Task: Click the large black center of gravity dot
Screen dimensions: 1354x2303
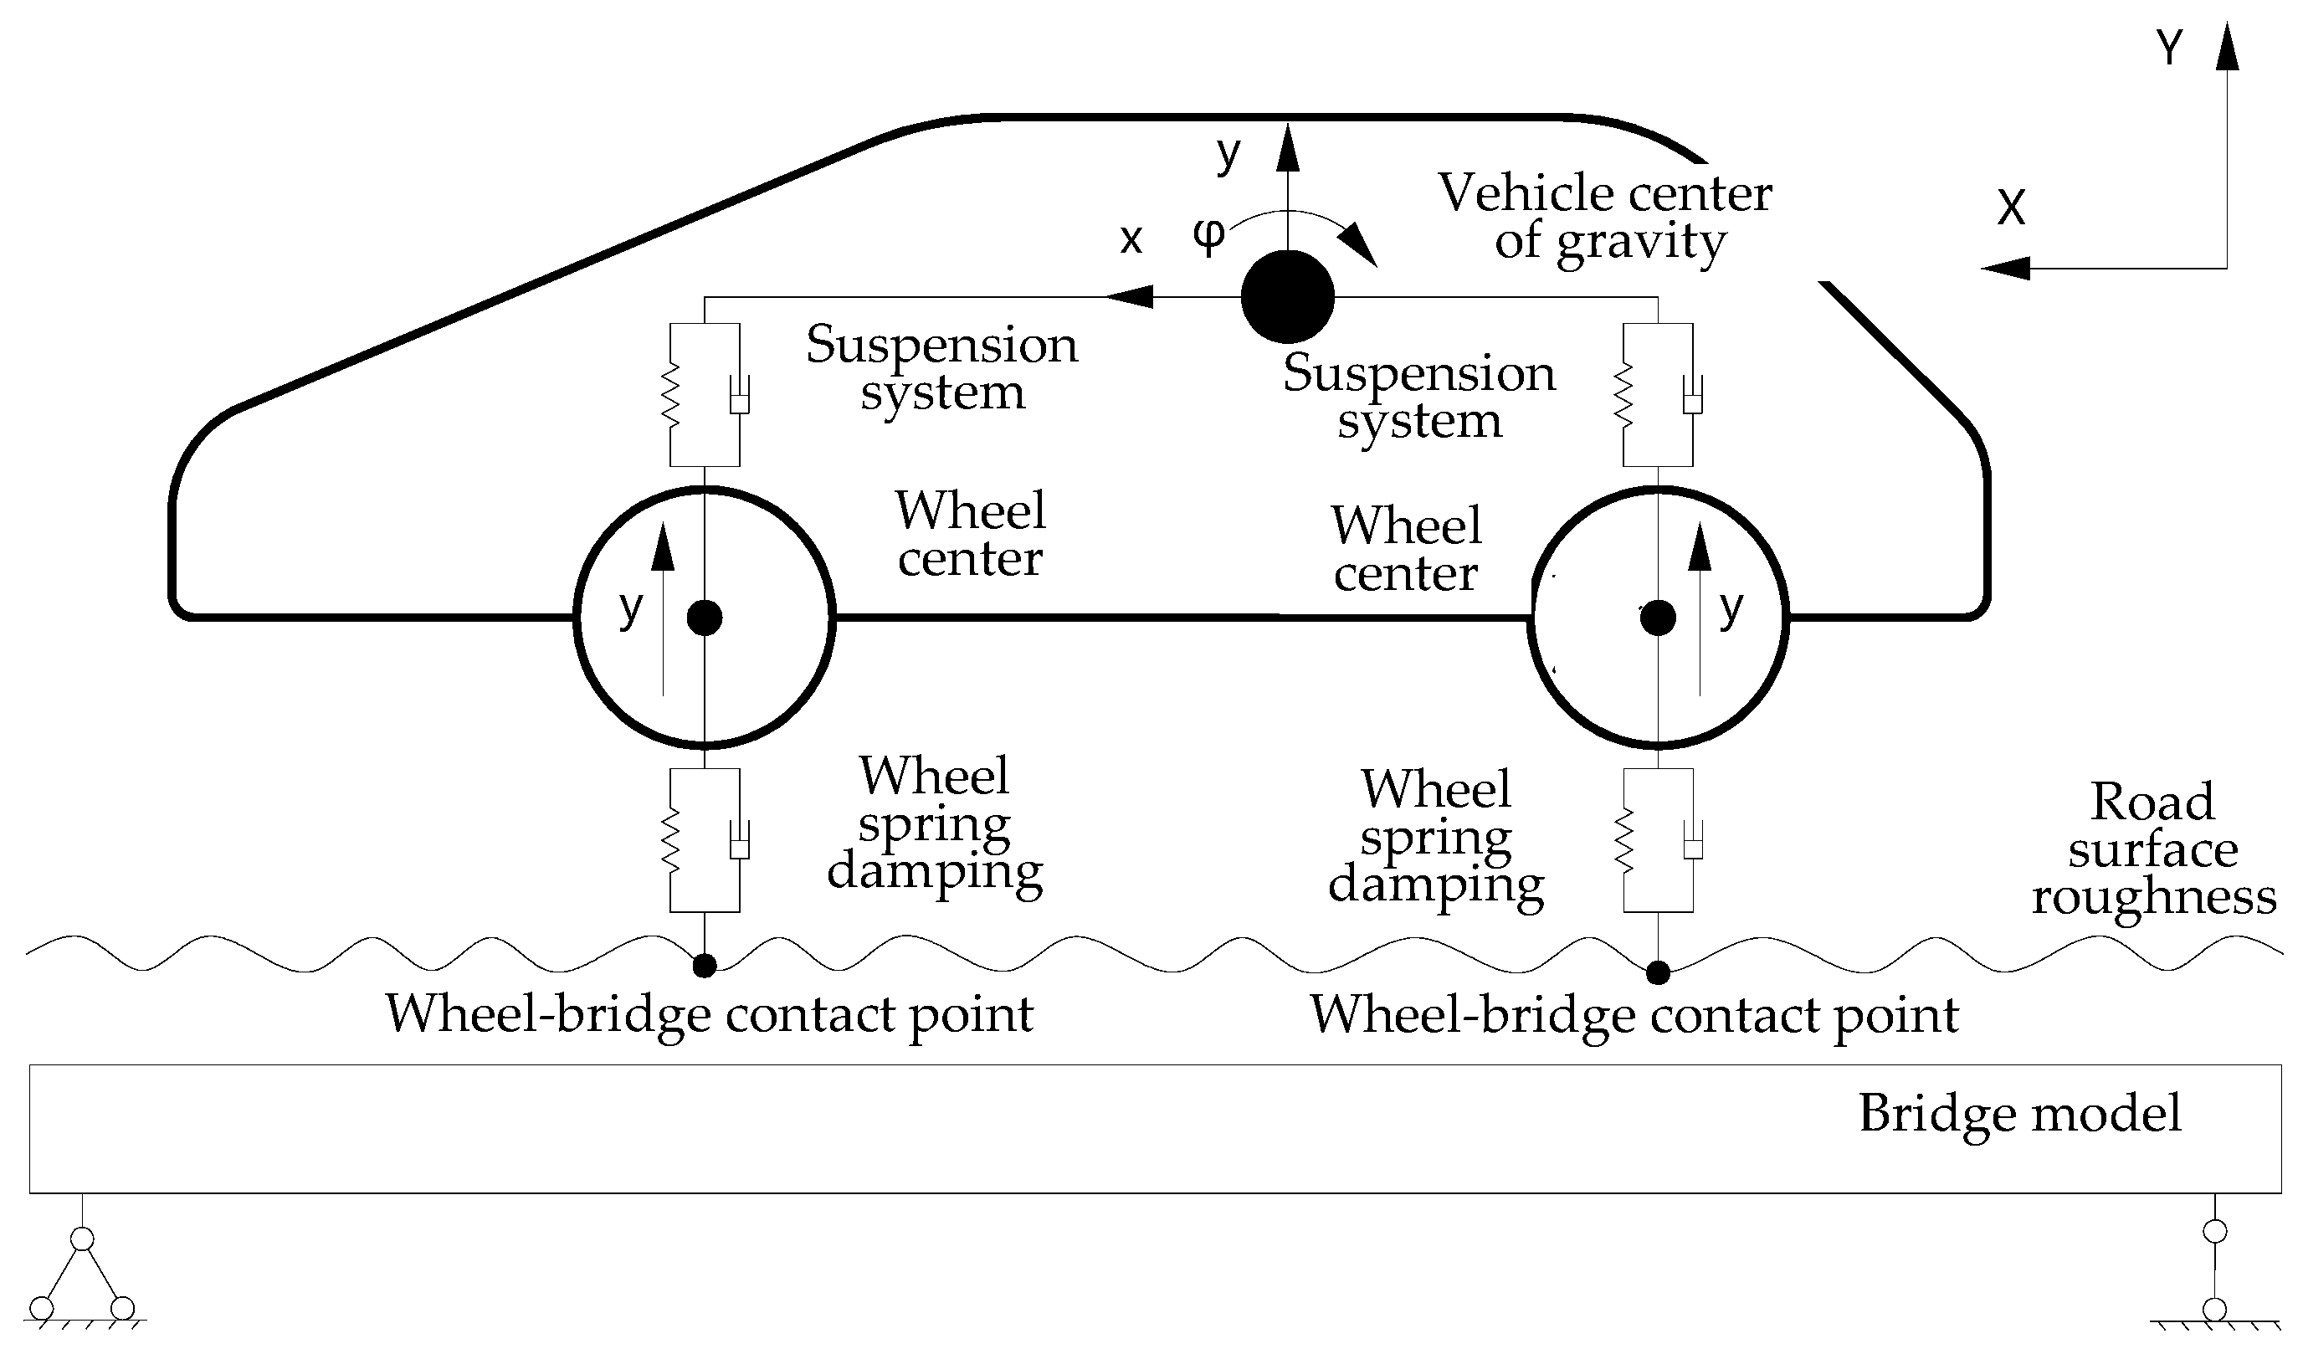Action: (1288, 297)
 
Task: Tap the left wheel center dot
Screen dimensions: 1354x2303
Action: (705, 618)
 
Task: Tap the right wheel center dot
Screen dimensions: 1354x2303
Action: (1658, 618)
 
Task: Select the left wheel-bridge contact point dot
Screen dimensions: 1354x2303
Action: (705, 966)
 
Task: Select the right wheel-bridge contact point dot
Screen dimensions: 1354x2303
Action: (1658, 973)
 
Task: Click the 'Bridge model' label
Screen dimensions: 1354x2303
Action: (2019, 1114)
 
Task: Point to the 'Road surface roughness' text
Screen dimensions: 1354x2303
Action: (2153, 849)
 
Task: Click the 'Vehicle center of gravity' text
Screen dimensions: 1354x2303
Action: (1606, 218)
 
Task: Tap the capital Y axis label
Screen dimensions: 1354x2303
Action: (2171, 48)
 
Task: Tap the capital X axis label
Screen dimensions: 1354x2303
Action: (2012, 208)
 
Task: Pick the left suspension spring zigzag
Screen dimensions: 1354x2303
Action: (671, 395)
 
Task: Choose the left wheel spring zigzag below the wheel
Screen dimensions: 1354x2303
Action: (671, 840)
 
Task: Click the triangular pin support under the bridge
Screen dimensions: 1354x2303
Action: (82, 1279)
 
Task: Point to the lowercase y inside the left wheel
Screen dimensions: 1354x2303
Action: (631, 607)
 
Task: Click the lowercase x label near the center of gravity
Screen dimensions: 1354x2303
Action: (1131, 239)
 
